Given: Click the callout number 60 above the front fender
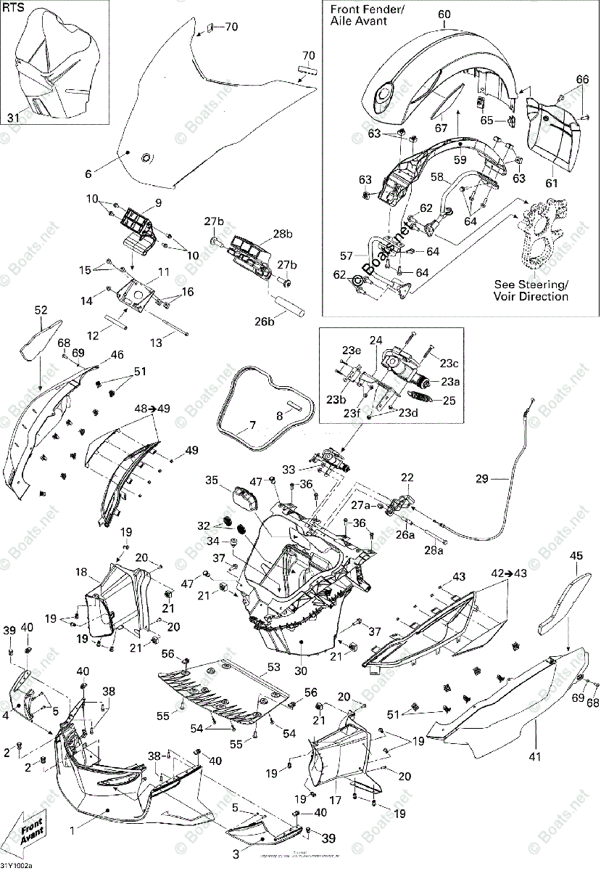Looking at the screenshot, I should click(444, 15).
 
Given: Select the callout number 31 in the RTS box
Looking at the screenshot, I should click(14, 118).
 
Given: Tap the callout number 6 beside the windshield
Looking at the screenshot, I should click(88, 174).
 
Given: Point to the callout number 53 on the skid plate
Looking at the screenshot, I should click(273, 666).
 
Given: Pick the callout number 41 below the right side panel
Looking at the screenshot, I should click(534, 758).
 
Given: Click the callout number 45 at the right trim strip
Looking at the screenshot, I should click(576, 556).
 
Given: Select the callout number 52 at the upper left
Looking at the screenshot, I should click(41, 311).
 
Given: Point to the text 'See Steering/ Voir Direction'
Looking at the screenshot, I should click(531, 290).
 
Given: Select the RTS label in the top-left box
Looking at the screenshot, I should click(14, 9).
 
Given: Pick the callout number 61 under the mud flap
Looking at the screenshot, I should click(552, 183).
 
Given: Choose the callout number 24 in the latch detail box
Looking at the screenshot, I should click(376, 340).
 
